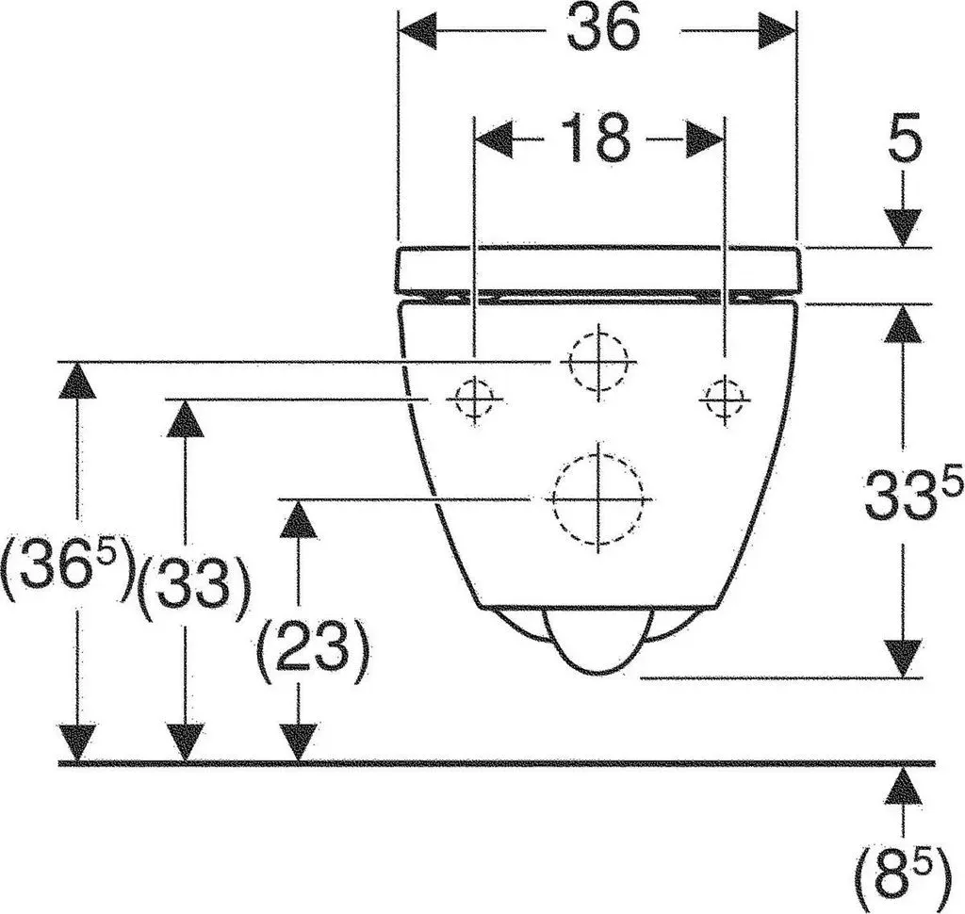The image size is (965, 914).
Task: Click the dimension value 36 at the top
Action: [604, 29]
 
